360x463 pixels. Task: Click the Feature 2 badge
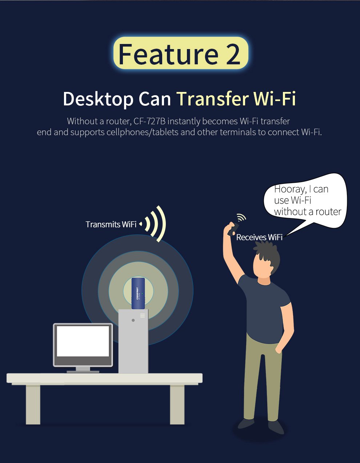[x=181, y=53]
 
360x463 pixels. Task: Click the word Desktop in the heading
[x=98, y=99]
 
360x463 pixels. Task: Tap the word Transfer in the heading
[x=213, y=98]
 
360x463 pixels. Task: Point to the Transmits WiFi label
[x=111, y=224]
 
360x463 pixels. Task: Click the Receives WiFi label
[x=259, y=237]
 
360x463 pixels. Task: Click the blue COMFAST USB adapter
[x=138, y=293]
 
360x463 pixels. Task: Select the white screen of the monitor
[x=83, y=341]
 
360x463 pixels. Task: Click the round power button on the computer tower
[x=133, y=320]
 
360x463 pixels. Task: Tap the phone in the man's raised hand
[x=233, y=229]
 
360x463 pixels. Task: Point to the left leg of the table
[x=33, y=404]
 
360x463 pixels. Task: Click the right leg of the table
[x=177, y=404]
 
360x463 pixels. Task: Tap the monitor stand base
[x=83, y=371]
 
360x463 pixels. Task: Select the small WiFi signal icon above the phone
[x=241, y=217]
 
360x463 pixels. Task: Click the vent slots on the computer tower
[x=143, y=315]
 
